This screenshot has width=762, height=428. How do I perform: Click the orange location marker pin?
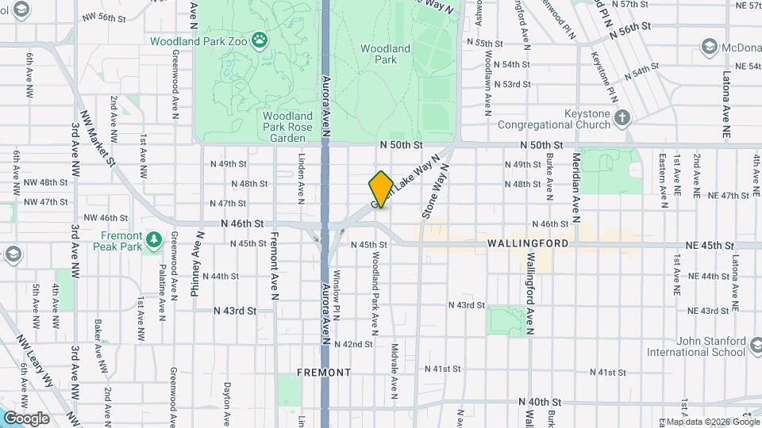381,189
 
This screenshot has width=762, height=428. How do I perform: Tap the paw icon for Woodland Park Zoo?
260,40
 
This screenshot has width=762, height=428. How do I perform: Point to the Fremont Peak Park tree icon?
155,238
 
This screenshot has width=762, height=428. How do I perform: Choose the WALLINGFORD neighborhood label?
528,243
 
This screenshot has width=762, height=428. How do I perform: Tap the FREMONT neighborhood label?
324,372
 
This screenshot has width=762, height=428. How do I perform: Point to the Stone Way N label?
436,191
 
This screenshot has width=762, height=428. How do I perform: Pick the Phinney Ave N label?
194,265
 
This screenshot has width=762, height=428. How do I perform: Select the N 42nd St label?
353,344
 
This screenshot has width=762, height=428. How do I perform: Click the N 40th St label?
540,402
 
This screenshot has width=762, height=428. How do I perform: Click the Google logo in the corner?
25,418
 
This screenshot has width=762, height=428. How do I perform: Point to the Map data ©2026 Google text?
702,422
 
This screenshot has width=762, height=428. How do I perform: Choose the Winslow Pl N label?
337,292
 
